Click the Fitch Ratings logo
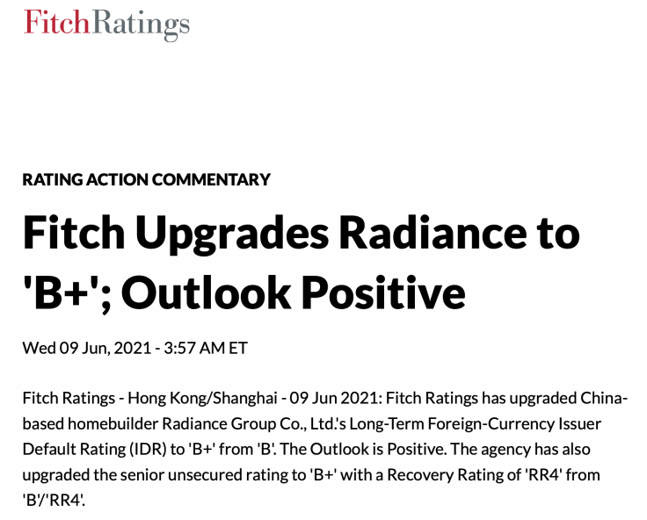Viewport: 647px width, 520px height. tap(106, 23)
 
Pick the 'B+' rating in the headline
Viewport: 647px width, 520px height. tap(62, 294)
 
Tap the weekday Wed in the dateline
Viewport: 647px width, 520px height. tap(39, 348)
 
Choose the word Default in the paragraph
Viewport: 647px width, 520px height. tap(47, 448)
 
